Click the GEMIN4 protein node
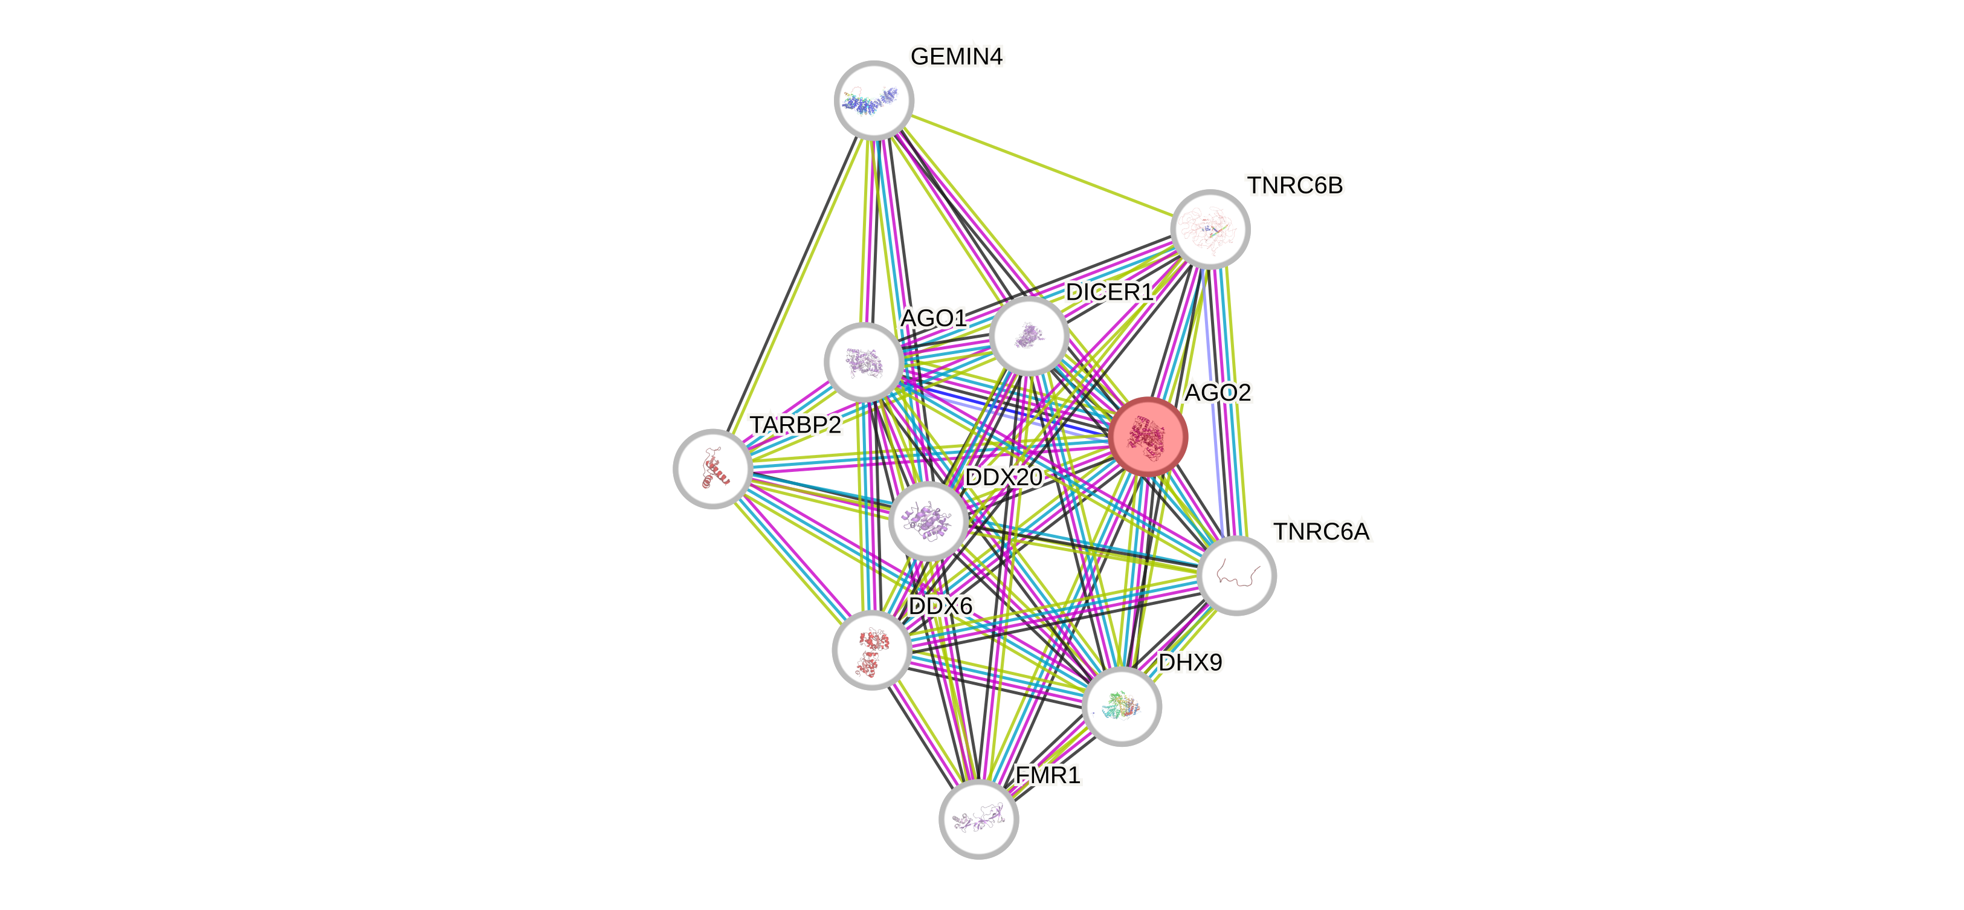(874, 100)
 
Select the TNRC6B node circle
(1210, 228)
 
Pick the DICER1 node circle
(1029, 335)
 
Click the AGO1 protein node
(864, 362)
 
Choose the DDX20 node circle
(928, 520)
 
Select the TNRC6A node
(1236, 575)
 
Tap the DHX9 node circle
(1122, 706)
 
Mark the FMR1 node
(978, 819)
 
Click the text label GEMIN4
(956, 56)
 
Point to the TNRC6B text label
(1294, 185)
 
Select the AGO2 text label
(1218, 393)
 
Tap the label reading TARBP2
(796, 425)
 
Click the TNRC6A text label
(1321, 531)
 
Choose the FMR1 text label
(1048, 775)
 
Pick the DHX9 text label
(1190, 662)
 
